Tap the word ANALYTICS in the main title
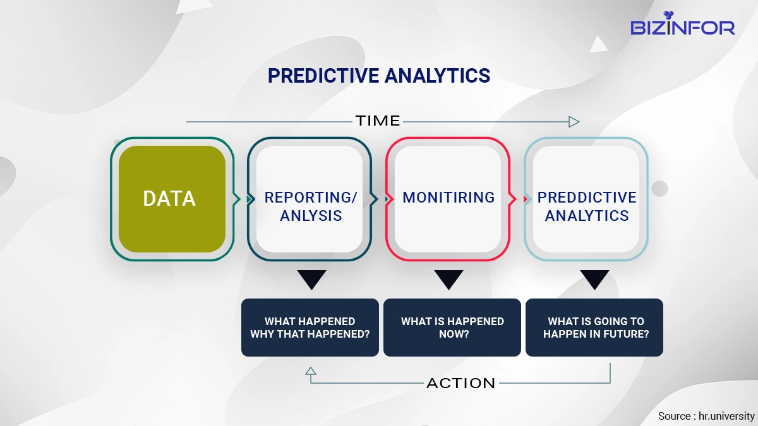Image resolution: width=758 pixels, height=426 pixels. [438, 75]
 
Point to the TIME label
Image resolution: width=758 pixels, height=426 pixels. [378, 121]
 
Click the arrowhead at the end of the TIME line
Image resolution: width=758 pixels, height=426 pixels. [574, 122]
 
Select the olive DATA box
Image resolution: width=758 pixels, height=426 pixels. [172, 199]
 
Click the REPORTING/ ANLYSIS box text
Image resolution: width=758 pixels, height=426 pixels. [311, 206]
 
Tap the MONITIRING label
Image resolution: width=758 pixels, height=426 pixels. [448, 198]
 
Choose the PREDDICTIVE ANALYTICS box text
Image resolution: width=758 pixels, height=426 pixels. [587, 206]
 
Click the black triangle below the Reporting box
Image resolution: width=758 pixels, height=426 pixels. [311, 278]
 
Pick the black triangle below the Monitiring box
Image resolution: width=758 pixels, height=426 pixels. [448, 278]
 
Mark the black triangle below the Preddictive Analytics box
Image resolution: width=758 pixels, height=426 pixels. [594, 278]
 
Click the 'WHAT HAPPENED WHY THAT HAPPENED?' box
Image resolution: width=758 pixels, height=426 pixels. [310, 328]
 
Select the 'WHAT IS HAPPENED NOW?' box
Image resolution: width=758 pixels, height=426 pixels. [452, 328]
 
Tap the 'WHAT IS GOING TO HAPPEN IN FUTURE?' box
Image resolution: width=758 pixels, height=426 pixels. [594, 328]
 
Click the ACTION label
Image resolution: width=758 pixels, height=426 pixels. [461, 384]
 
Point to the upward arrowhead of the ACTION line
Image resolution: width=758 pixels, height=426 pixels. [311, 371]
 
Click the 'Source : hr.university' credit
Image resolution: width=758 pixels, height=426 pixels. [706, 416]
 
